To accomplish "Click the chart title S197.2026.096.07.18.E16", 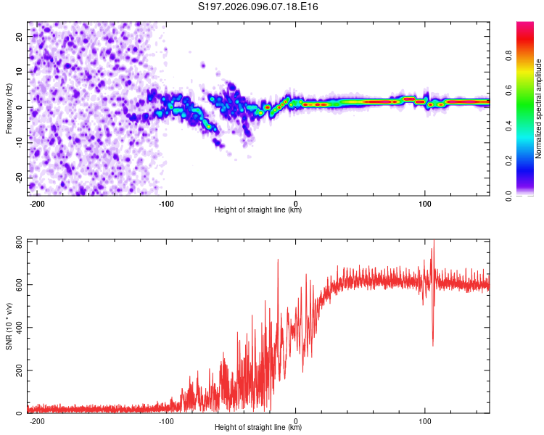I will coord(258,7).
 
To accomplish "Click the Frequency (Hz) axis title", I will coord(9,108).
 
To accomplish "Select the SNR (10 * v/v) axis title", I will coord(9,326).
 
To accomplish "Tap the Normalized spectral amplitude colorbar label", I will coord(539,108).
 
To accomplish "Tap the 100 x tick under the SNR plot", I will coord(424,420).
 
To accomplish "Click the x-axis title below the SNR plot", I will coord(258,428).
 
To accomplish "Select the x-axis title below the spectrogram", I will coord(258,210).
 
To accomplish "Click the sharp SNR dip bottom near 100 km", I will coord(433,345).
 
